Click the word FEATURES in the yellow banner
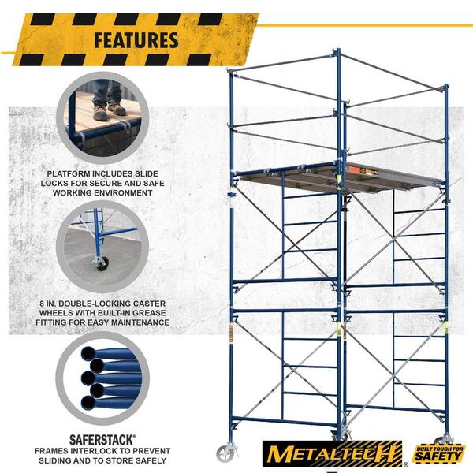coord(136,40)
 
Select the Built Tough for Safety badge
coord(439,453)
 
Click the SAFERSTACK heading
coord(102,440)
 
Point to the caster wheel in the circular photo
coord(102,263)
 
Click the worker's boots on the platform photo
coord(109,111)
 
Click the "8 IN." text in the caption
coord(50,304)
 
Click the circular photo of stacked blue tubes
coord(102,378)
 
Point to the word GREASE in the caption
coord(150,313)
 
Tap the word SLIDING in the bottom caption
coord(57,460)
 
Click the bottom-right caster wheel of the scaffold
coord(443,440)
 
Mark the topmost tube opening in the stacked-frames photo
coord(88,353)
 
